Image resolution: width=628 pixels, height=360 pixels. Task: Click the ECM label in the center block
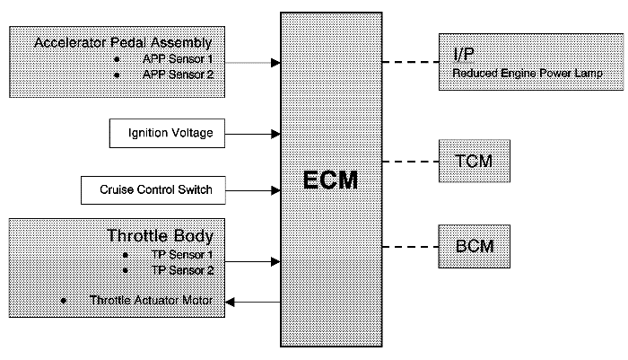coord(330,180)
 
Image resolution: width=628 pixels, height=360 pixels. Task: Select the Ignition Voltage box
coord(165,134)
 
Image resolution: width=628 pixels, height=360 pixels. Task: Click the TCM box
coord(474,162)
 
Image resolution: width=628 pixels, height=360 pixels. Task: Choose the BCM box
coord(474,245)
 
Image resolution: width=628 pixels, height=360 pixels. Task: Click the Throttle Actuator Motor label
coord(152,301)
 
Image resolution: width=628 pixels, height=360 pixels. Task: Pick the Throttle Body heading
coord(160,237)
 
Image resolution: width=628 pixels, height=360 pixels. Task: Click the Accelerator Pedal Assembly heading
coord(123,43)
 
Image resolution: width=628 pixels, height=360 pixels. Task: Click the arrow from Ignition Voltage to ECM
coord(250,135)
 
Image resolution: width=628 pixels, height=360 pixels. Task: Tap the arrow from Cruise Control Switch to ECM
coord(250,190)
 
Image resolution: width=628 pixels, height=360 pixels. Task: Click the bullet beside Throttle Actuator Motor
coord(64,301)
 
